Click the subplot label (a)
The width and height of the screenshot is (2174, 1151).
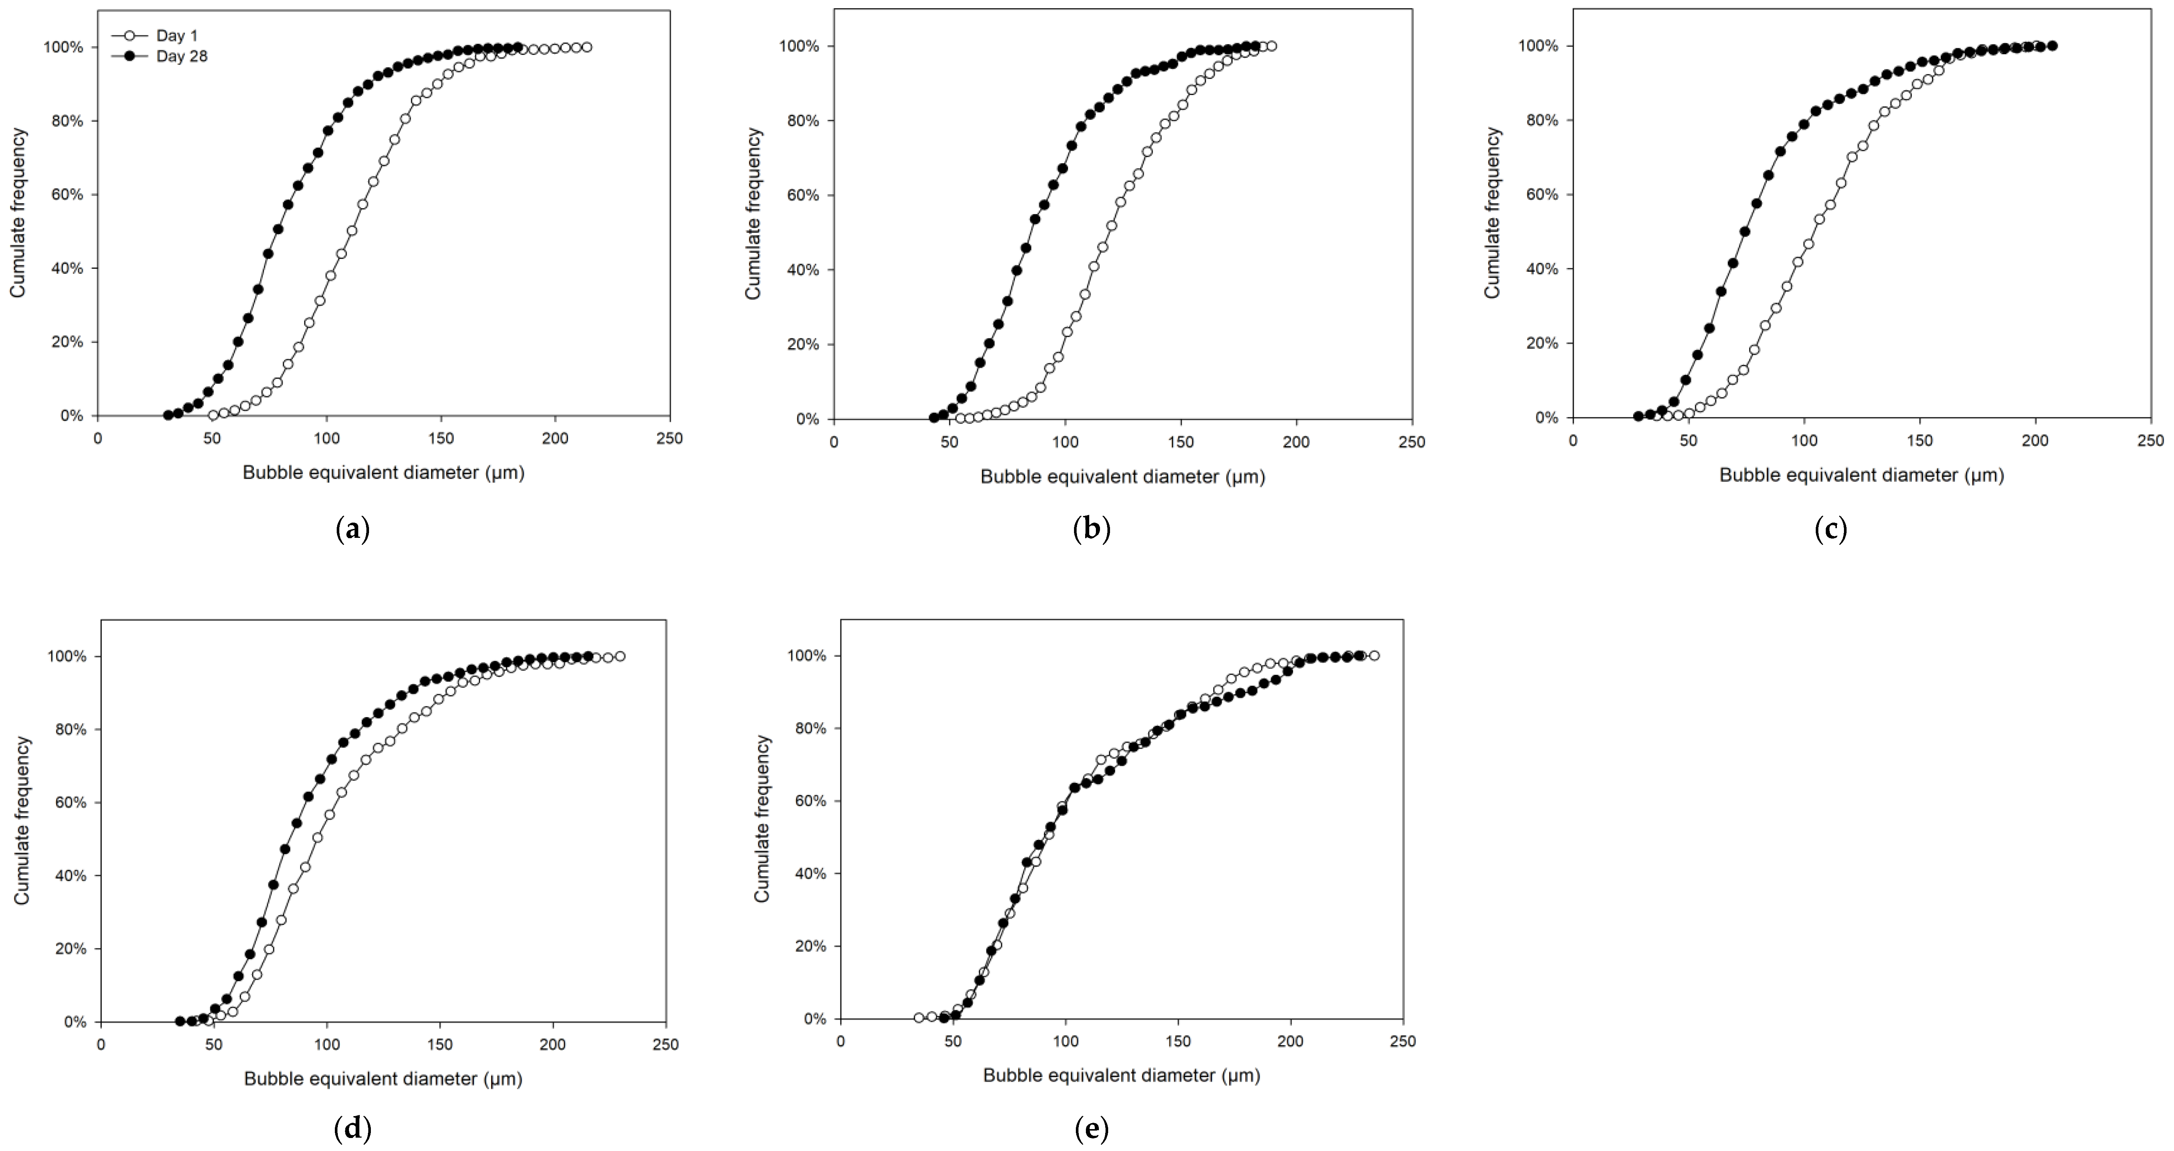pyautogui.click(x=353, y=530)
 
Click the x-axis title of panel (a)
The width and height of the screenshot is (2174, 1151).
pyautogui.click(x=383, y=473)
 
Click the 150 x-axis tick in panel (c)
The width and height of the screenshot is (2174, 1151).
pyautogui.click(x=1920, y=441)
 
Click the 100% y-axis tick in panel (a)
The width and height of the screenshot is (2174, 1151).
pyautogui.click(x=63, y=47)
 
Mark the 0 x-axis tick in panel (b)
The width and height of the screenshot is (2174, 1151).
pyautogui.click(x=834, y=442)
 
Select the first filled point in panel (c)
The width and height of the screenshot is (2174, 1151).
pyautogui.click(x=1638, y=416)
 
